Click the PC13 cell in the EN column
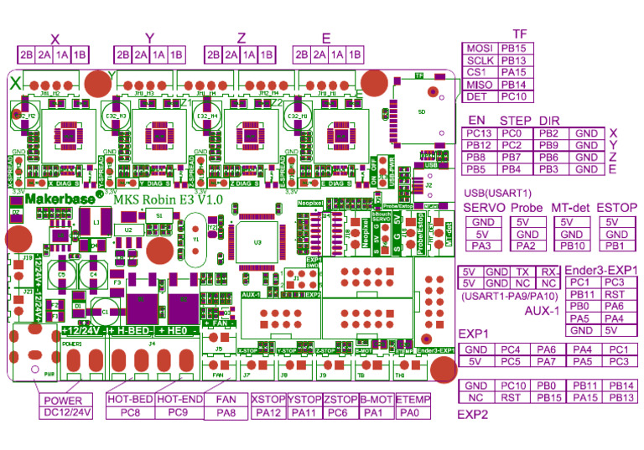pyautogui.click(x=479, y=133)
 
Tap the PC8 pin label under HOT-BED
pyautogui.click(x=130, y=412)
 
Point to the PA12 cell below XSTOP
pyautogui.click(x=267, y=412)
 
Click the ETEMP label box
pyautogui.click(x=413, y=401)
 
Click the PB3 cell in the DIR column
pyautogui.click(x=549, y=169)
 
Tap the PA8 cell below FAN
pyautogui.click(x=226, y=412)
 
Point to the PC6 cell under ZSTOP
pyautogui.click(x=340, y=412)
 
